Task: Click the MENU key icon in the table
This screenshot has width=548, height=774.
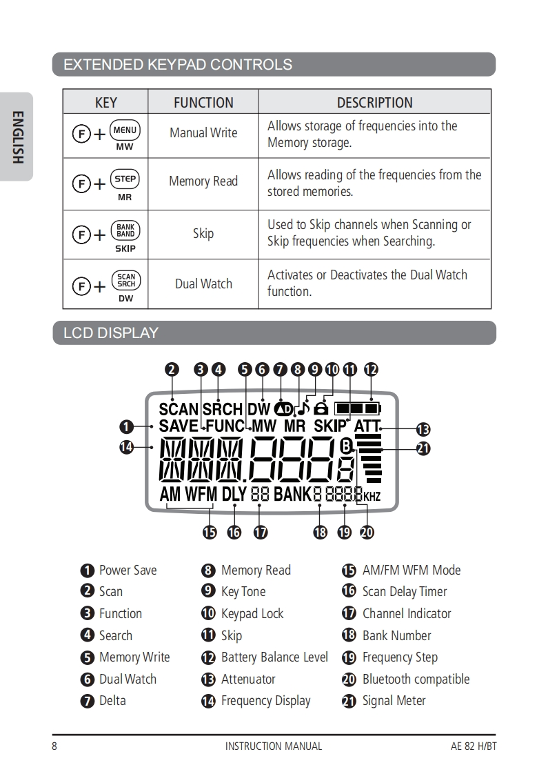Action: coord(125,130)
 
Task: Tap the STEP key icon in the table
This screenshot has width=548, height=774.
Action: coord(125,179)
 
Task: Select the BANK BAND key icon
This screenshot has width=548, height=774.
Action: coord(125,230)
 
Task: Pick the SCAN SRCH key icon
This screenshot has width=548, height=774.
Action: coord(125,281)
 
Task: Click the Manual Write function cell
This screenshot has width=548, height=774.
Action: coord(203,133)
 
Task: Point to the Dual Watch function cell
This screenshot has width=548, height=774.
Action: coord(203,284)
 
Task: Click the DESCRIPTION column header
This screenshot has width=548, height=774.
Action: coord(374,103)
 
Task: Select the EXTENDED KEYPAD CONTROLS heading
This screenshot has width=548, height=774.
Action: coord(178,65)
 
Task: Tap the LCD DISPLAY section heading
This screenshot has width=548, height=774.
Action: coord(111,333)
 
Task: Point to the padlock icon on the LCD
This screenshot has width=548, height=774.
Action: coord(321,408)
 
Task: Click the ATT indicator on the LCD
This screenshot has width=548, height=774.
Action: coord(367,426)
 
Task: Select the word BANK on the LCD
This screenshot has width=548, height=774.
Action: coord(292,494)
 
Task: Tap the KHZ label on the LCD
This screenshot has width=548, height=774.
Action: coord(372,497)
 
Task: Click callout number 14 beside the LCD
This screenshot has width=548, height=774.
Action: coord(126,447)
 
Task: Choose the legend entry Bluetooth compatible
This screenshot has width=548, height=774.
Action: coord(416,679)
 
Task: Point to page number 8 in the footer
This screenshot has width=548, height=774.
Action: coord(54,746)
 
